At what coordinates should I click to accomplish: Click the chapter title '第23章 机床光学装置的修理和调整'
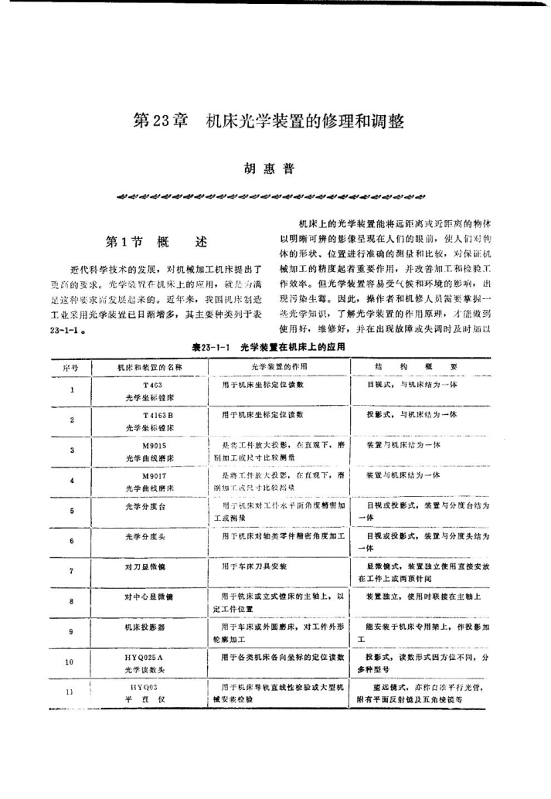tap(269, 121)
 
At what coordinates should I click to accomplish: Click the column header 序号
tap(70, 367)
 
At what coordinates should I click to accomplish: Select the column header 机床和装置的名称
tap(149, 367)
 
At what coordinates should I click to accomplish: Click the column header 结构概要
tap(427, 367)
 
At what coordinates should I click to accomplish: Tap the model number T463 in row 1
tap(151, 384)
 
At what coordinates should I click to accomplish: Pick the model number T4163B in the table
tap(151, 415)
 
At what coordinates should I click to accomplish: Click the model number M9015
tap(151, 446)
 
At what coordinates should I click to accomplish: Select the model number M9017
tap(151, 478)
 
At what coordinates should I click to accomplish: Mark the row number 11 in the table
tap(70, 692)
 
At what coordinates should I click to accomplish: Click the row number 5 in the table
tap(70, 511)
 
